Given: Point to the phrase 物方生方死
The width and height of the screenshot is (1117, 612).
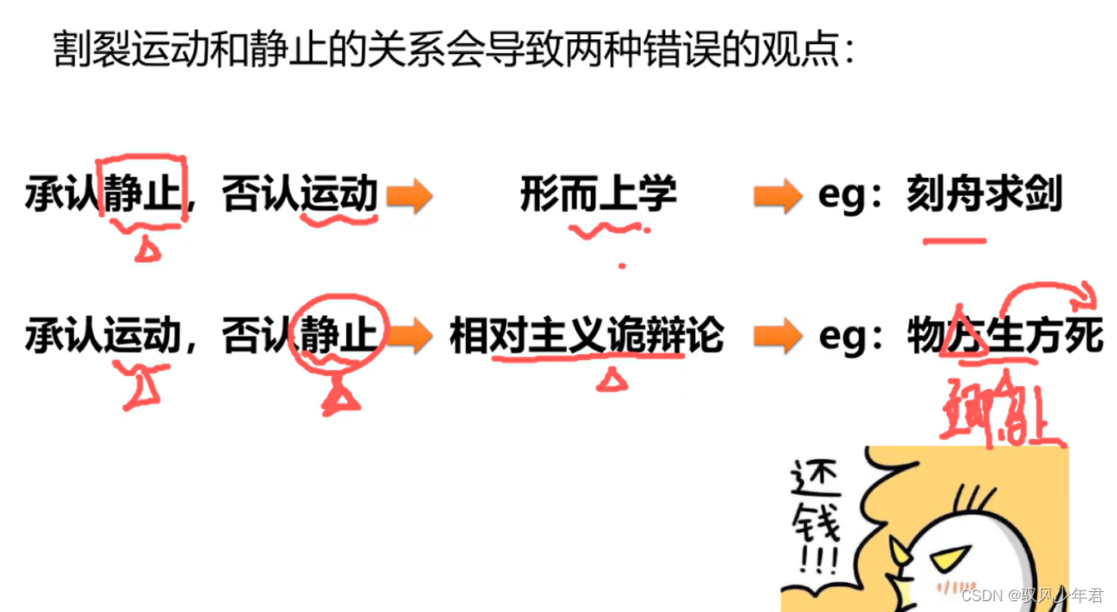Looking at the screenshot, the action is point(1005,336).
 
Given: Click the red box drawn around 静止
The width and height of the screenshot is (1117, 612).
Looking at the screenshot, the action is point(142,190).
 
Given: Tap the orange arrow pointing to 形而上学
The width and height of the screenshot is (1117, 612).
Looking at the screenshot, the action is point(410,196).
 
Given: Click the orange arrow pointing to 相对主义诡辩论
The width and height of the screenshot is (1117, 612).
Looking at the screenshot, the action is point(410,336).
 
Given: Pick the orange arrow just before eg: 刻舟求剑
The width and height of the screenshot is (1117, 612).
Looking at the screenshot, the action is point(777,196).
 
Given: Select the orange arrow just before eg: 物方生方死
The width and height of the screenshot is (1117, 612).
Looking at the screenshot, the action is point(777,336).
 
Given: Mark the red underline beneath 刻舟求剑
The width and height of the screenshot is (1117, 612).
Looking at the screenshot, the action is point(955,242).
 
